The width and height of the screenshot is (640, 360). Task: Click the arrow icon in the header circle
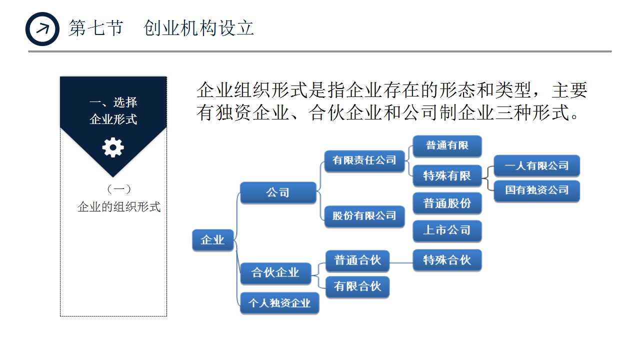coord(43,28)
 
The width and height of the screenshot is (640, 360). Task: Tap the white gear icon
coord(113,147)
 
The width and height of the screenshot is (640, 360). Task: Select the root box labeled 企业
coord(212,240)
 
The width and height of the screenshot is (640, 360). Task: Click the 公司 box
coord(278,192)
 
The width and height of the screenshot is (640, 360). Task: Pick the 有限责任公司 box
coord(364,160)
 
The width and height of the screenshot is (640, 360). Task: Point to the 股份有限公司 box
coord(364,216)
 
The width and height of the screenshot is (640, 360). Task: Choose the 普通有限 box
coord(447,145)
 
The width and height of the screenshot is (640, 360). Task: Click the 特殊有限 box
coord(447,176)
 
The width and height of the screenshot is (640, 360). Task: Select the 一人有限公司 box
coord(536,166)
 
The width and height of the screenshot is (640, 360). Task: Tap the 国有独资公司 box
coord(536,190)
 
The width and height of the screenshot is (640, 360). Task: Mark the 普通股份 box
coord(447,203)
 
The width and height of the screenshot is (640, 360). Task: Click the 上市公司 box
coord(447,230)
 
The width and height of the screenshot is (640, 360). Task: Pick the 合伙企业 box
coord(275,272)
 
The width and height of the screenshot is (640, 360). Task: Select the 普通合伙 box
coord(357,260)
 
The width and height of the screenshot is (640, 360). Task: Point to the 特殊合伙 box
coord(447,260)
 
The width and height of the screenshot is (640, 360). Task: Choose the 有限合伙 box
coord(357,286)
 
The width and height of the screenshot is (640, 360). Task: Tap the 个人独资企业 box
coord(279,303)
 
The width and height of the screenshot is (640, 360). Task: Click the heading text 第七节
coord(95,28)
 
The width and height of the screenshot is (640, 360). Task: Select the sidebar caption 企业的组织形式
coord(119,206)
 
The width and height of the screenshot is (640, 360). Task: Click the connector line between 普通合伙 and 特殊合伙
coord(401,260)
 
